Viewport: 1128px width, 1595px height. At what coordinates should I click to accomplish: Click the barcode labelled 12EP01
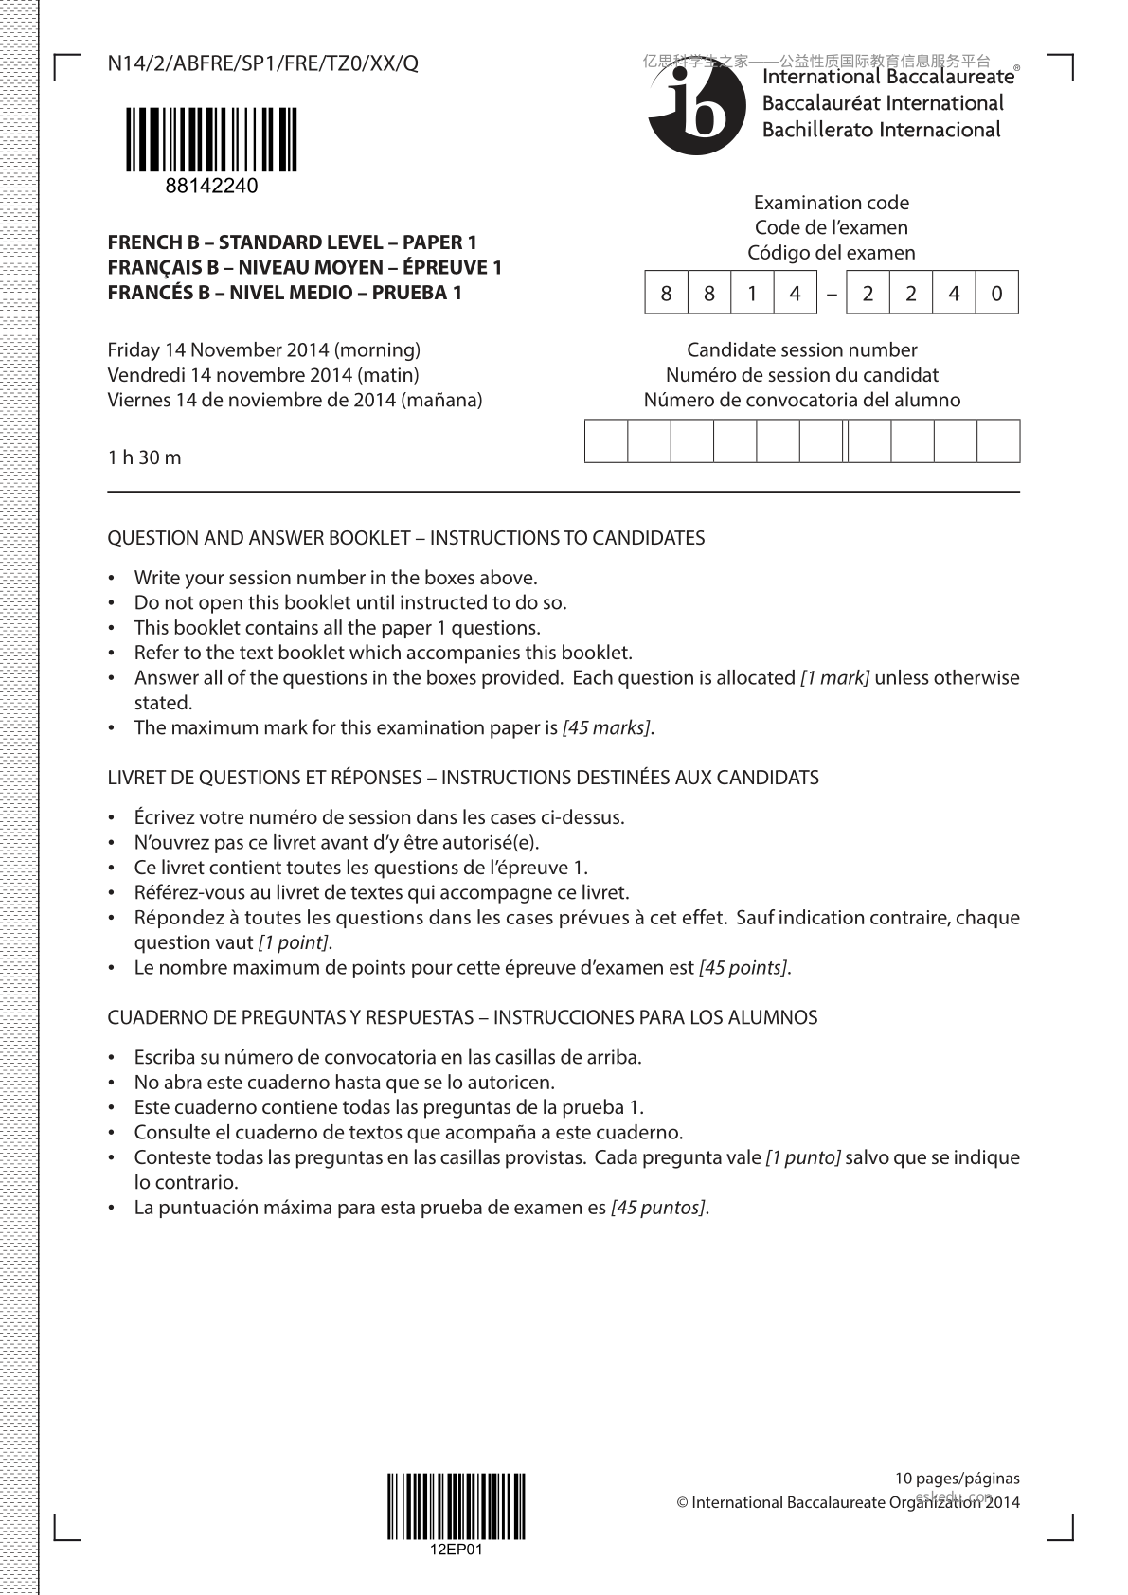(x=456, y=1506)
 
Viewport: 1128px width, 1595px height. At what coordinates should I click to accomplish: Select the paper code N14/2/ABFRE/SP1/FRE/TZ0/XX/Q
(x=262, y=63)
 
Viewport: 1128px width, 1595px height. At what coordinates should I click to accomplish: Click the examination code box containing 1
(x=752, y=294)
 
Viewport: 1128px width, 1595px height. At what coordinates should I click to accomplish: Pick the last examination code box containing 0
(x=996, y=294)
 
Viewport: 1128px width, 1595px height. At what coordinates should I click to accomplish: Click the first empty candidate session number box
(x=606, y=441)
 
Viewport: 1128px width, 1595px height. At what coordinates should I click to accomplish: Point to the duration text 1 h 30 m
(x=144, y=457)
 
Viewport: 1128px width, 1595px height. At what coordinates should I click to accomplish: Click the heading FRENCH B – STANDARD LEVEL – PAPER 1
(x=292, y=242)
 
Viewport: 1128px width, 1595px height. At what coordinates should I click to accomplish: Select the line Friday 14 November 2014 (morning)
(x=264, y=349)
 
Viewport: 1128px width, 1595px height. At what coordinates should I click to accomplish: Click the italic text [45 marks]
(x=606, y=727)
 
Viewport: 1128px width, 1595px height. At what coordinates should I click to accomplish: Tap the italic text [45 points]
(x=743, y=967)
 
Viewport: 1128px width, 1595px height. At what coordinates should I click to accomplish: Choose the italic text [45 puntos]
(x=658, y=1207)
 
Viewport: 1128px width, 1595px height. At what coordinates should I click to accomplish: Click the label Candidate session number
(x=801, y=349)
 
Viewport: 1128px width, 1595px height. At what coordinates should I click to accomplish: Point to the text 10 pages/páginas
(x=958, y=1478)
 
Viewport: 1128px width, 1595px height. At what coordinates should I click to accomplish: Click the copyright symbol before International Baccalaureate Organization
(x=682, y=1502)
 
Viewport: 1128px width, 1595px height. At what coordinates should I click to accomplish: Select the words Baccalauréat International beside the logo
(x=883, y=103)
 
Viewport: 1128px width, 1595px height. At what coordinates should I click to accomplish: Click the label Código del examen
(x=831, y=252)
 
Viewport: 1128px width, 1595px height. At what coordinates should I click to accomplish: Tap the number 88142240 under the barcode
(x=211, y=187)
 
